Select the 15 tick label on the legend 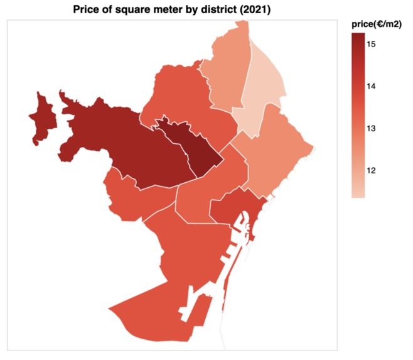(371, 44)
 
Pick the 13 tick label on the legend (371, 128)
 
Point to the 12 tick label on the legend (371, 170)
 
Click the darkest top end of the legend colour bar (358, 36)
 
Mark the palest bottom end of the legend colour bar (358, 195)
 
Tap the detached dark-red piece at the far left (43, 119)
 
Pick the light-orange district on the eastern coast (276, 151)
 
